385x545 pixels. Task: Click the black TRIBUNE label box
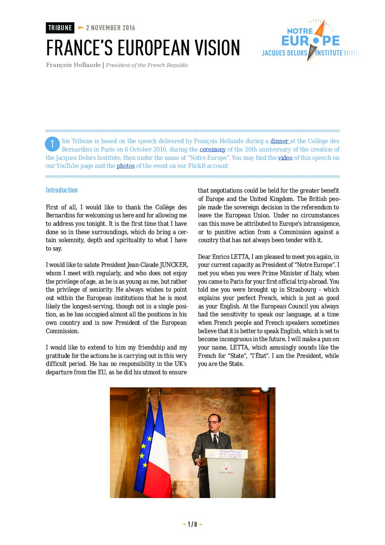[60, 28]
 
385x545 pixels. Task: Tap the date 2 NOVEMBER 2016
[111, 28]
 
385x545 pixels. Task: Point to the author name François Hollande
[73, 65]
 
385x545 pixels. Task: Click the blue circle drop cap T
[52, 144]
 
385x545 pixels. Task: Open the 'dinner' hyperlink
[279, 141]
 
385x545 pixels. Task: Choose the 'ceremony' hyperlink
[213, 150]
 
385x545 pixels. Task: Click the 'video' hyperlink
[285, 158]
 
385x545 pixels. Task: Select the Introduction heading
[62, 190]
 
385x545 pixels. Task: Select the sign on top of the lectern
[227, 454]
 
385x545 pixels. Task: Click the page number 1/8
[192, 525]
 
